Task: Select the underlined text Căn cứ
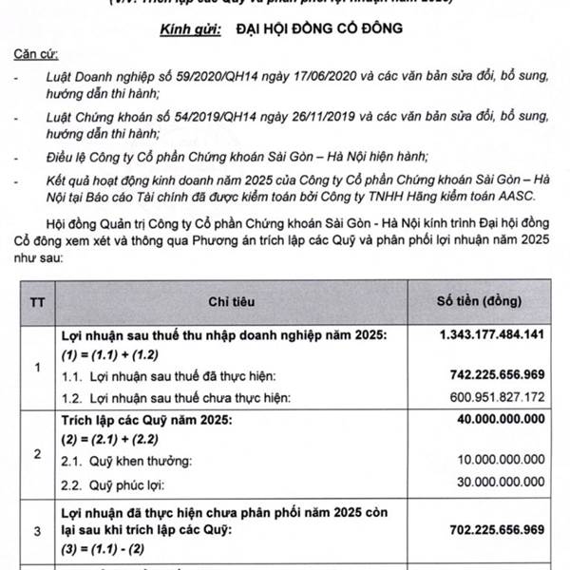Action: (x=28, y=54)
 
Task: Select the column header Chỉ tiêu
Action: (x=232, y=302)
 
